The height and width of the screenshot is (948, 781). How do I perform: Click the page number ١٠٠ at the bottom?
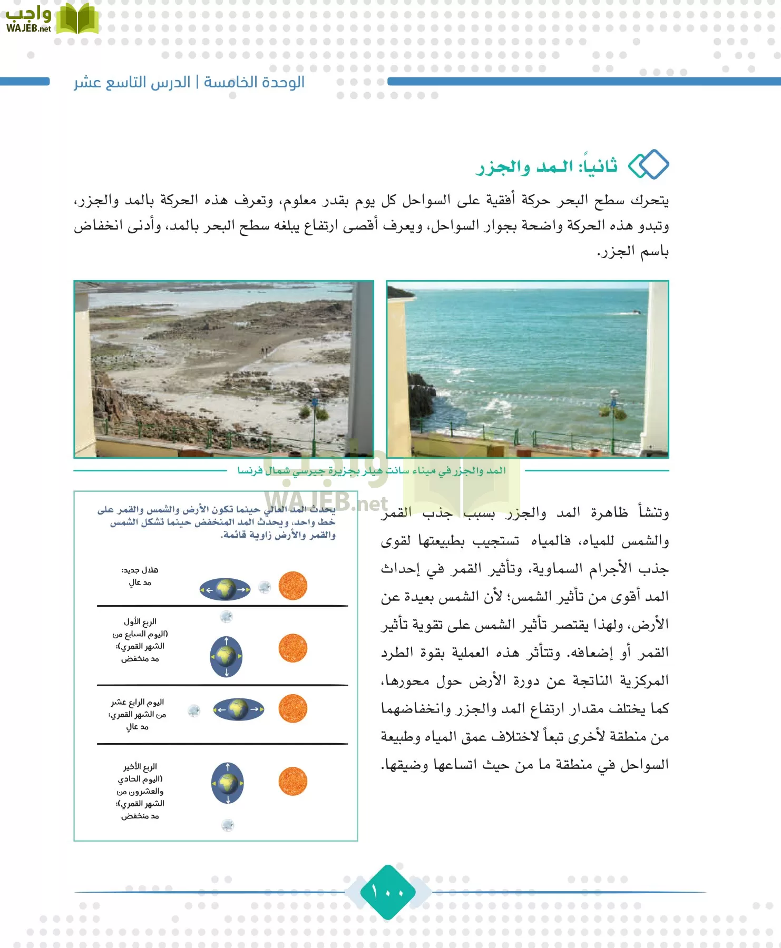tap(388, 892)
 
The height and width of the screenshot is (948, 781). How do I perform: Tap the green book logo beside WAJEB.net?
tap(77, 19)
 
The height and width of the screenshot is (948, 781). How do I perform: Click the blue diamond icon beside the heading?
tap(649, 165)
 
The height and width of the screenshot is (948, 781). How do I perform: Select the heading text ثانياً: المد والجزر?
tap(547, 166)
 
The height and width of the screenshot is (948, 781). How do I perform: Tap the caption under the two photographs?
tap(371, 470)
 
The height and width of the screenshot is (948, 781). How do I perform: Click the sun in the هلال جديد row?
tap(292, 586)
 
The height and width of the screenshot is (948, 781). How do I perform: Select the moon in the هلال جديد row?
tap(265, 587)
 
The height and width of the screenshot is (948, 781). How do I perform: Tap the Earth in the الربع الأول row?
tap(226, 656)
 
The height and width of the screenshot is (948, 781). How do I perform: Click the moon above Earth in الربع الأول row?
tap(226, 616)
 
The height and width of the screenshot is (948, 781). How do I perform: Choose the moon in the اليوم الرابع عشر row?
tap(194, 710)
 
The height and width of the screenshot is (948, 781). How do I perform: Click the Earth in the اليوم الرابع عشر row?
tap(238, 709)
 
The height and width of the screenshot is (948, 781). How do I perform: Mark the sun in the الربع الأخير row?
tap(292, 782)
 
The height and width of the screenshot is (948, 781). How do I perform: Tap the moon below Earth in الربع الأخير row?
tap(228, 825)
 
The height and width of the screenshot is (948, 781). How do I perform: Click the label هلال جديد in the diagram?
tap(140, 570)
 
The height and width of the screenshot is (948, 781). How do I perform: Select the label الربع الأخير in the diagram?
tap(140, 766)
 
